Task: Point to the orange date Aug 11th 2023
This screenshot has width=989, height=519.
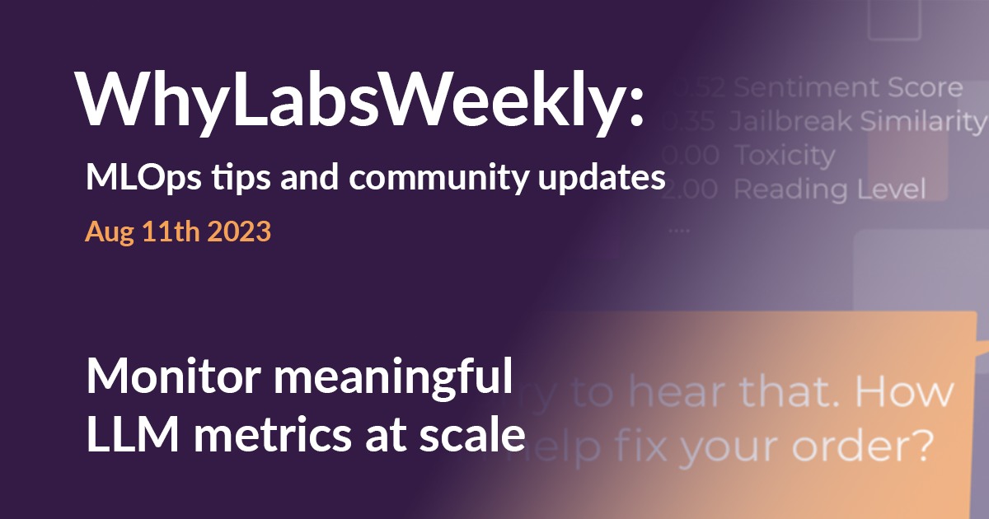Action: coord(178,231)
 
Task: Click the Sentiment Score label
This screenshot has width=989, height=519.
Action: coord(847,87)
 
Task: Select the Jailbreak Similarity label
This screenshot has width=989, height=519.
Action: coord(857,122)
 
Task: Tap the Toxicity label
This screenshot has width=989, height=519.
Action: coord(784,155)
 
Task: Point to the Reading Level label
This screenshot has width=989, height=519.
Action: coord(829,189)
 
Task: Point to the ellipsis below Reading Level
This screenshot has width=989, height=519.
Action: coord(679,231)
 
